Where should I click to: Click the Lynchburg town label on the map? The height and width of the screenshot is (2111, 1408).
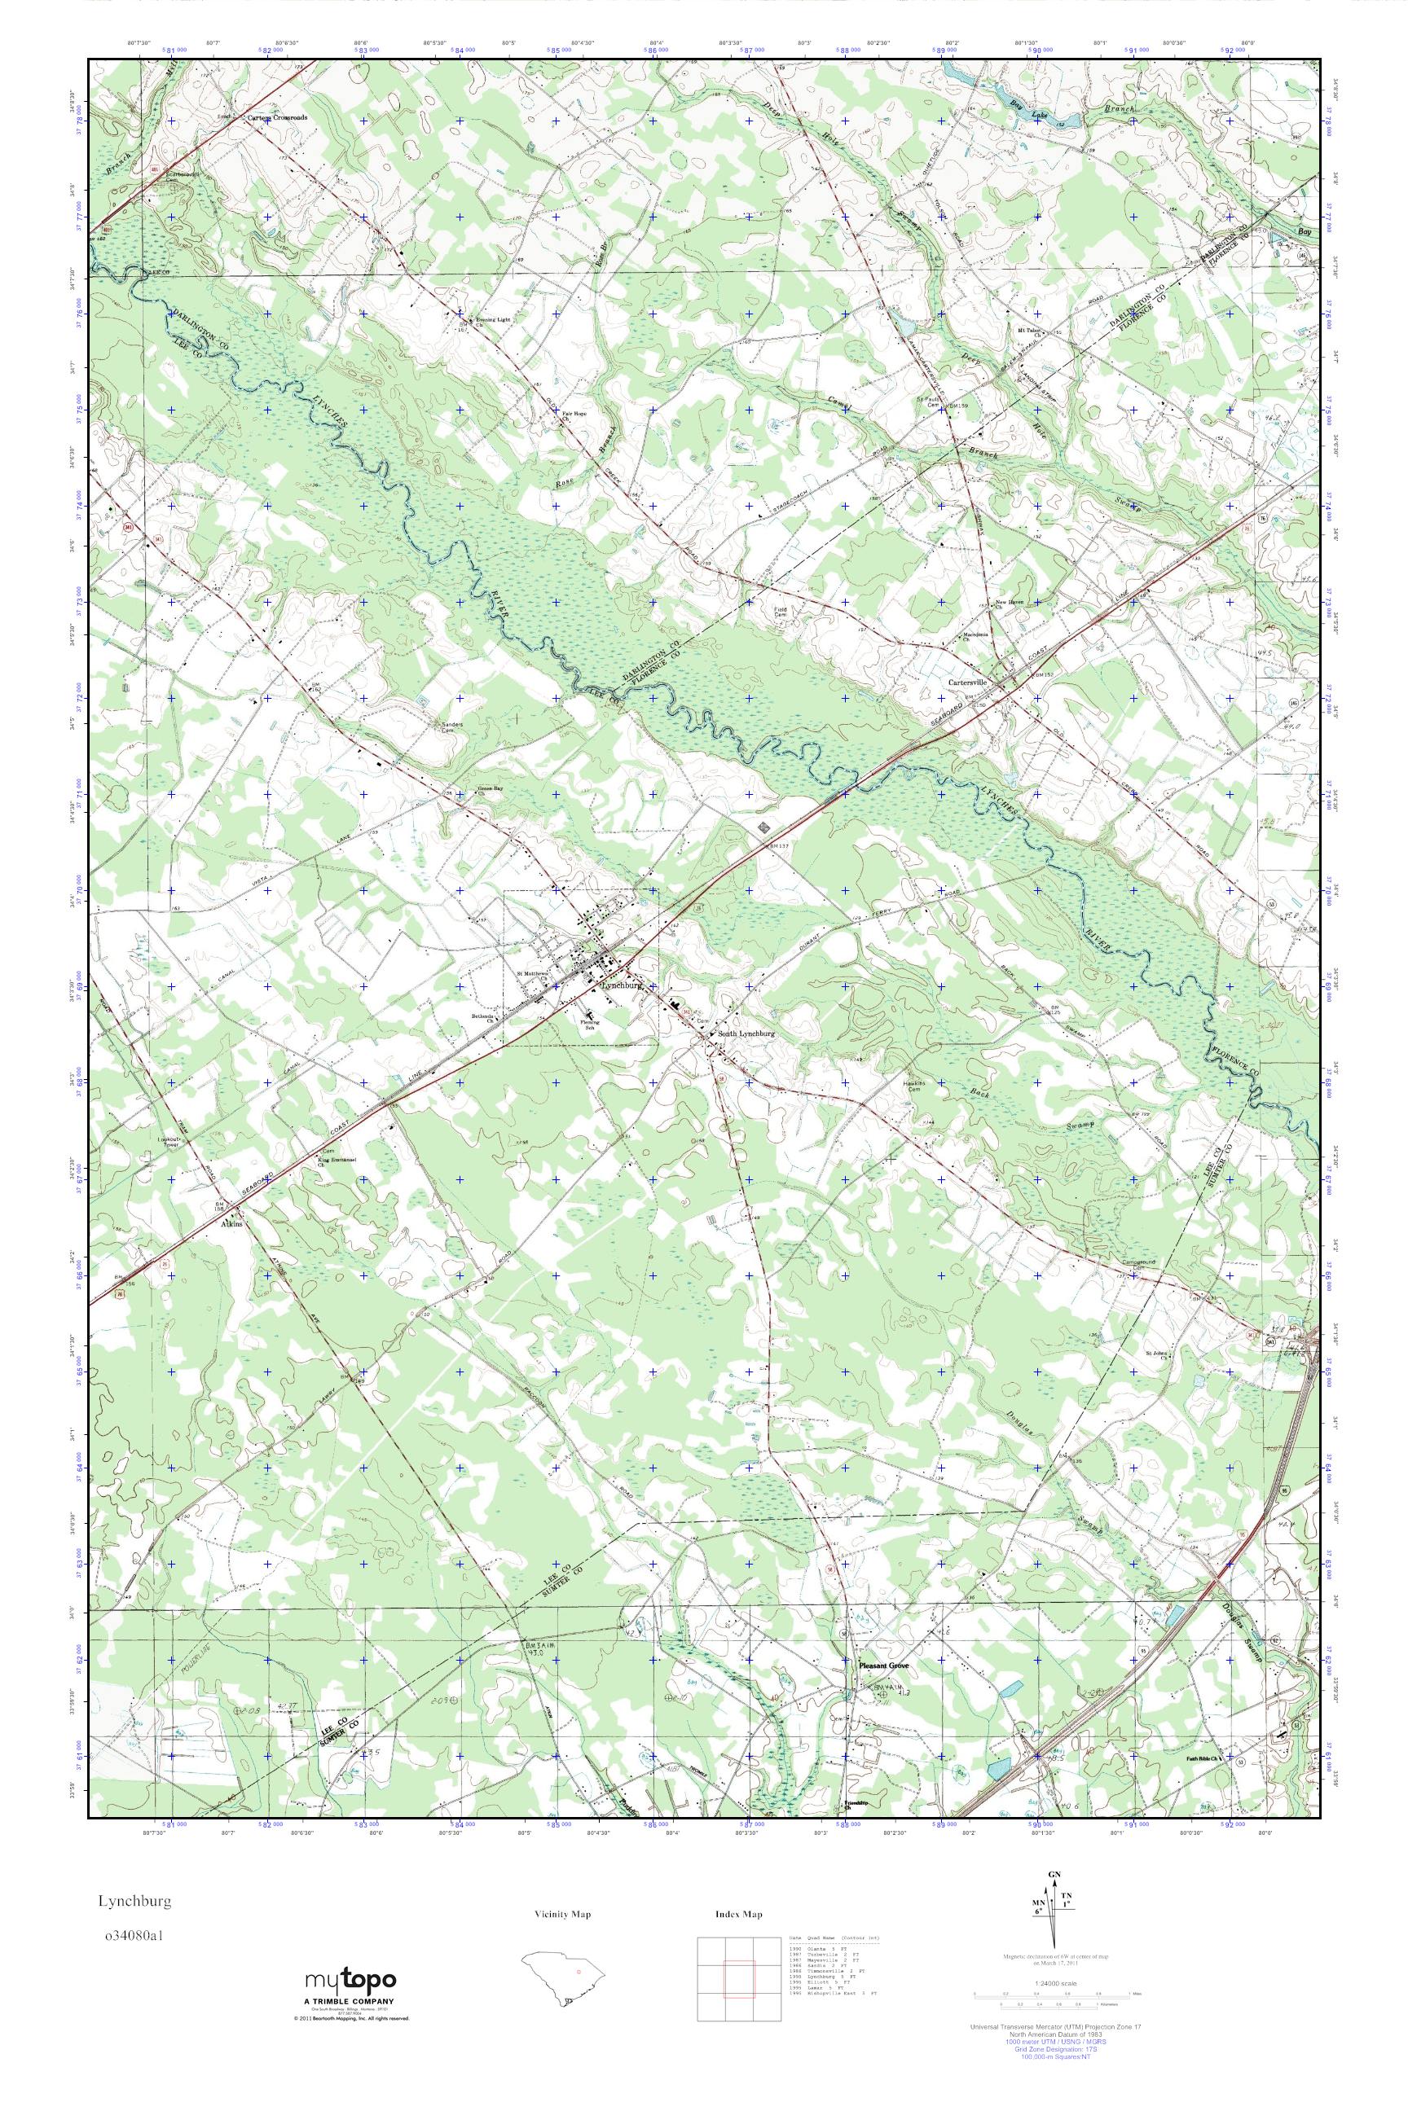pyautogui.click(x=622, y=985)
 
